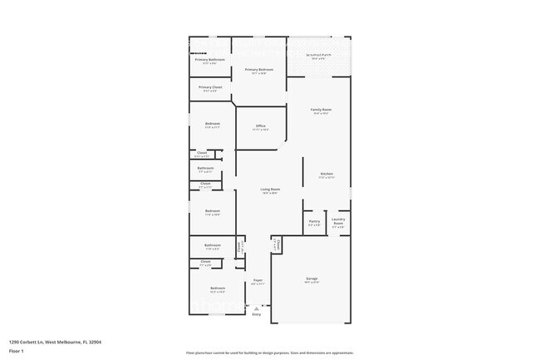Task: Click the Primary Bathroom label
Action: click(x=210, y=60)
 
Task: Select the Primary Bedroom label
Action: click(x=259, y=70)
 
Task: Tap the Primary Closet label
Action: click(x=210, y=87)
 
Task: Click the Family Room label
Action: click(x=321, y=111)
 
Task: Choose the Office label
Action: click(x=260, y=126)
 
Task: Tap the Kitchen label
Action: click(x=326, y=175)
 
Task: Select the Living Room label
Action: click(x=270, y=190)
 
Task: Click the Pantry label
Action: click(x=314, y=222)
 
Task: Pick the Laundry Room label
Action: click(x=338, y=222)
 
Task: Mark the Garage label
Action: click(x=312, y=279)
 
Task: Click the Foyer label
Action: click(x=258, y=281)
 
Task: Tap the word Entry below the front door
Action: click(x=256, y=314)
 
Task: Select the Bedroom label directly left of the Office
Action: click(x=213, y=124)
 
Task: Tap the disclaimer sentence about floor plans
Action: click(x=270, y=353)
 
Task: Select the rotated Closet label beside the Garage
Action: click(x=277, y=244)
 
